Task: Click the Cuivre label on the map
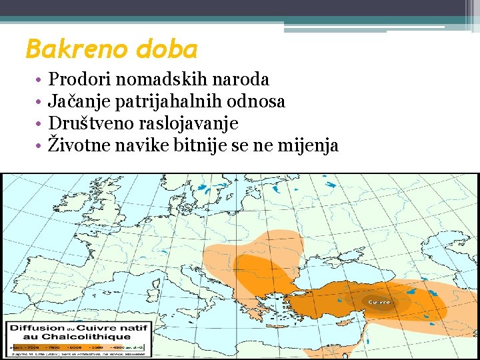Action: click(379, 303)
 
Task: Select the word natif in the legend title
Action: click(136, 328)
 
